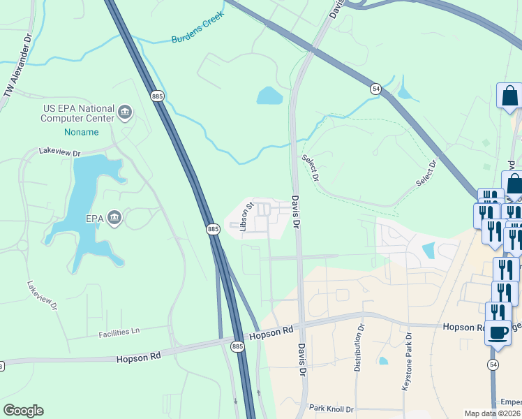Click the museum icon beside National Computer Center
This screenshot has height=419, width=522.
[126, 112]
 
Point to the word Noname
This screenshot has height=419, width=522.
[78, 131]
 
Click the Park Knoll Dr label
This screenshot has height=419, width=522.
[332, 408]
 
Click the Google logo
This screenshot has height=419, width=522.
[23, 411]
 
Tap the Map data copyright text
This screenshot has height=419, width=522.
[492, 413]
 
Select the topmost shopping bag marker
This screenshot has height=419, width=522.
[509, 96]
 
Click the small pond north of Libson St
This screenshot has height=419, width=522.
[269, 96]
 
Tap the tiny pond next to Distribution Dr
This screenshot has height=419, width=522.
[383, 361]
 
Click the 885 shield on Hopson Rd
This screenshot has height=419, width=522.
[238, 346]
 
